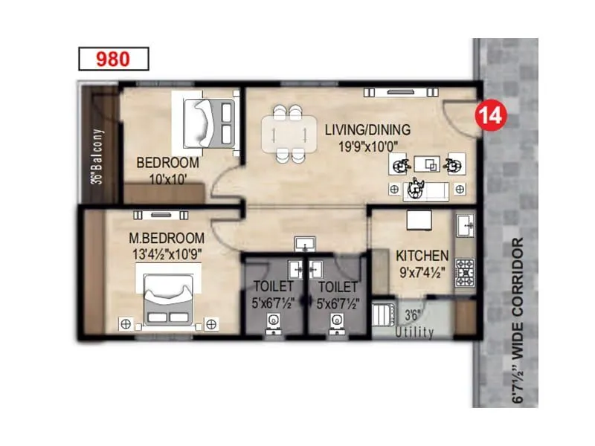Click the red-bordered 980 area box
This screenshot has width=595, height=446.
[114, 59]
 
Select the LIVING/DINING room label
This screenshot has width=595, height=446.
[367, 129]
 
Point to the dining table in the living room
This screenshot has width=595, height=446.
[287, 134]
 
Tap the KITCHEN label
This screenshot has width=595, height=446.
[422, 255]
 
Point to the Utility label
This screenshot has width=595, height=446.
[414, 332]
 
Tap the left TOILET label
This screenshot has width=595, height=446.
[274, 286]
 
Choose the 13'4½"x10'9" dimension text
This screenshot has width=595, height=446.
[167, 253]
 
